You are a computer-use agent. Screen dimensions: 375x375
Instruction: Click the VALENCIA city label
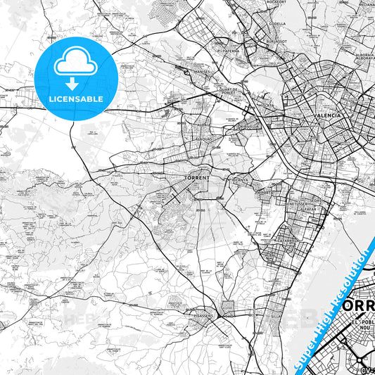click(329, 113)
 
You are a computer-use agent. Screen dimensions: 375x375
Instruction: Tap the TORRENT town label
click(196, 178)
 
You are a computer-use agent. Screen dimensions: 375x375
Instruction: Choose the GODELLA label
click(277, 21)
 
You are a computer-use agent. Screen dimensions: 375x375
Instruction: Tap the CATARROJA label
click(287, 240)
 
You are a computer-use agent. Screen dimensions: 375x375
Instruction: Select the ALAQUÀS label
click(203, 139)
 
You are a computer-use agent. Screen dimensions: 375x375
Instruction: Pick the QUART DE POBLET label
click(232, 91)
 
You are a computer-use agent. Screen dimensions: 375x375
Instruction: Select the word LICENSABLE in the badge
click(76, 99)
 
